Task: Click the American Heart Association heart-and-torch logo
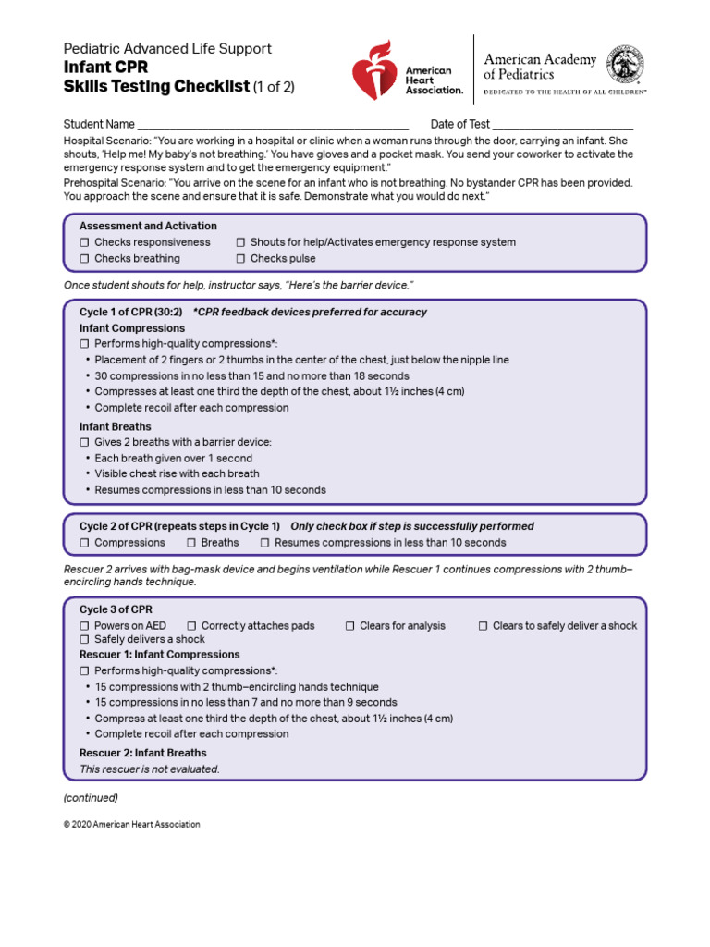pos(374,70)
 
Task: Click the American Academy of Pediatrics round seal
pos(626,67)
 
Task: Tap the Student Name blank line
pos(273,125)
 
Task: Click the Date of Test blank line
pos(563,125)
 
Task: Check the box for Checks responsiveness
pos(85,242)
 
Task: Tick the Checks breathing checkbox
pos(85,259)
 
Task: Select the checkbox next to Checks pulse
pos(240,259)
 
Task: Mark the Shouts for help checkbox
pos(240,242)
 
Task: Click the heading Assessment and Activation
pos(148,226)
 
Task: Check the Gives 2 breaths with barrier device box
pos(85,443)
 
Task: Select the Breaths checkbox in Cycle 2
pos(191,543)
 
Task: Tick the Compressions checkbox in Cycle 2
pos(85,543)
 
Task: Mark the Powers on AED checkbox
pos(85,626)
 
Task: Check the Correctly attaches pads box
pos(191,626)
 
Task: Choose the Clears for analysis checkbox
pos(350,626)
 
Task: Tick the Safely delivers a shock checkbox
pos(85,640)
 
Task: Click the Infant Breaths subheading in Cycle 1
pos(116,426)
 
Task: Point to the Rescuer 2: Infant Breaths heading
pos(142,753)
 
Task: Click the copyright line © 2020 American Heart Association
pos(131,824)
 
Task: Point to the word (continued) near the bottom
pos(91,797)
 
